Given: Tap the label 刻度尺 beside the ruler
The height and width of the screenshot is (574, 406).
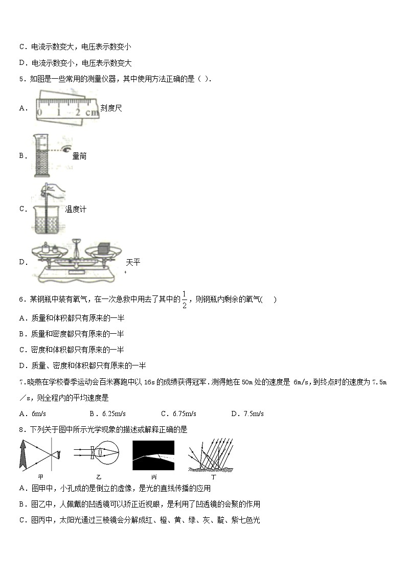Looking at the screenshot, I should click(x=111, y=108).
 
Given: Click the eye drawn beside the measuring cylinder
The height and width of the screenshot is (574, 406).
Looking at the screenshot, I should click(x=65, y=149).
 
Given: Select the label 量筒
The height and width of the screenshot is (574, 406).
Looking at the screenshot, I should click(x=79, y=156).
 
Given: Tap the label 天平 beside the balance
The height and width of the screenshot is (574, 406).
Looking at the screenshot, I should click(x=133, y=262).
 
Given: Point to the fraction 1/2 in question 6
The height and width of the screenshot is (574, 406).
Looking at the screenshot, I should click(x=185, y=299).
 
